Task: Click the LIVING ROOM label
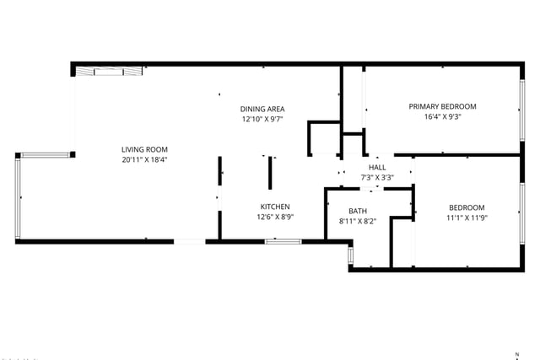(144, 150)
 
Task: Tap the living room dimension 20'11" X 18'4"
(144, 159)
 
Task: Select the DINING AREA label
(262, 109)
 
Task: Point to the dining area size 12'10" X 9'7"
(262, 120)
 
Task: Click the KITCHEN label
(275, 207)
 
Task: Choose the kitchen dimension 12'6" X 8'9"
(275, 218)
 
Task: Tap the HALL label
(377, 168)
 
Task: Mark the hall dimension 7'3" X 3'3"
(377, 178)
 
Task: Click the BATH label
(358, 211)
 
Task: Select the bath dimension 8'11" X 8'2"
(358, 221)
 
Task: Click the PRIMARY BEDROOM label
(442, 107)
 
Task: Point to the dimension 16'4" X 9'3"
(442, 116)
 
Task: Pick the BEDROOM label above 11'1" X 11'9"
(467, 208)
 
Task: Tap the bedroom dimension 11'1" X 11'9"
(467, 218)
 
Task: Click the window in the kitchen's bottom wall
(283, 242)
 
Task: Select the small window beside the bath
(351, 255)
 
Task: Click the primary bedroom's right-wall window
(522, 110)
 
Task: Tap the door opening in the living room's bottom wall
(189, 242)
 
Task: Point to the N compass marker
(517, 354)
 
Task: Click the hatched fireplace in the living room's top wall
(109, 72)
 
